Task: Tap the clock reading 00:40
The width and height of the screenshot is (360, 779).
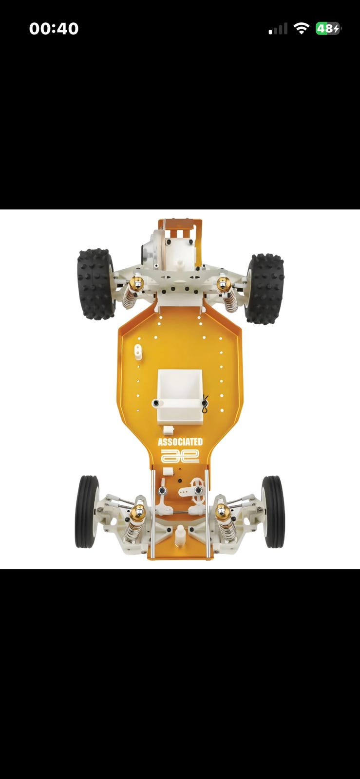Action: click(x=54, y=29)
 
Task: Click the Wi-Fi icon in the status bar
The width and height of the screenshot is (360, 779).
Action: click(x=301, y=28)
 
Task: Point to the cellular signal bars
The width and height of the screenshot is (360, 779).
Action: click(x=278, y=29)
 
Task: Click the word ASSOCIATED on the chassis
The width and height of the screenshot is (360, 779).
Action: click(x=180, y=442)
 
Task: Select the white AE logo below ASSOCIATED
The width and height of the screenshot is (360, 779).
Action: click(x=180, y=456)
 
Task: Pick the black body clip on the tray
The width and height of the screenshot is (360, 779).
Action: click(x=205, y=404)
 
